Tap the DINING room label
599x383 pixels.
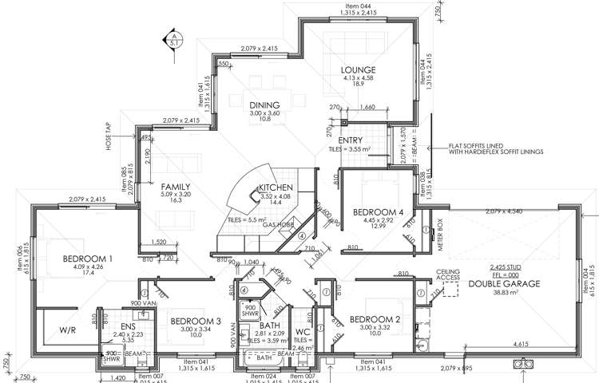[x=264, y=105]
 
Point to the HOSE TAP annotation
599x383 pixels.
[x=105, y=140]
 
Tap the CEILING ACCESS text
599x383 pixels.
[x=449, y=275]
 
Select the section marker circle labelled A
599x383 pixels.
[x=171, y=36]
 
